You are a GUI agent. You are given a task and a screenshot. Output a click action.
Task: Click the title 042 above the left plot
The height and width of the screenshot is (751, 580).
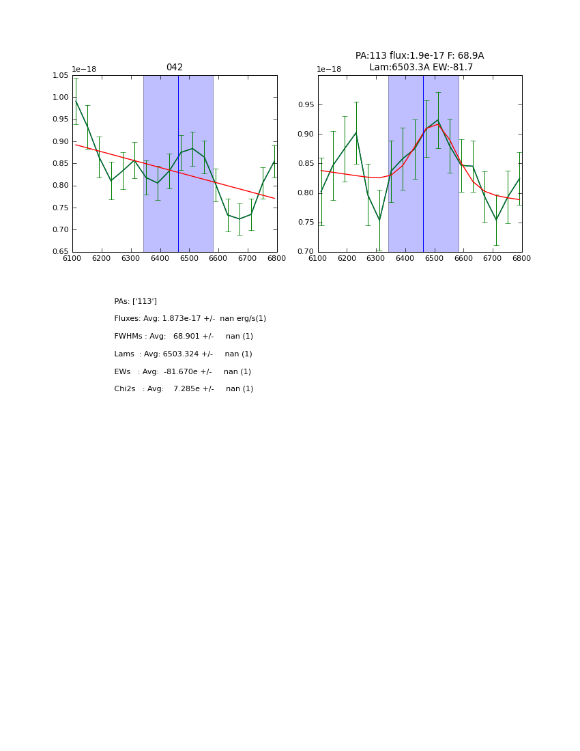[x=174, y=68]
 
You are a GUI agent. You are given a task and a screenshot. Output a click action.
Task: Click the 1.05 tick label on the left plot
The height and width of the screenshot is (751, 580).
[x=60, y=75]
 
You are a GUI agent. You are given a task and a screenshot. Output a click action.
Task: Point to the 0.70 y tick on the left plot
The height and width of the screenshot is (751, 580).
[x=60, y=229]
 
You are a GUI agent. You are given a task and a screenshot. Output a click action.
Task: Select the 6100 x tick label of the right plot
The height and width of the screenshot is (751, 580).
[x=318, y=259]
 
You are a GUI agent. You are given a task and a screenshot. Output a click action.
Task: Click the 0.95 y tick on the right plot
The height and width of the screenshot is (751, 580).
[x=305, y=104]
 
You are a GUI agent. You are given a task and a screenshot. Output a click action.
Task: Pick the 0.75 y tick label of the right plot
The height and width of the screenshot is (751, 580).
[x=305, y=223]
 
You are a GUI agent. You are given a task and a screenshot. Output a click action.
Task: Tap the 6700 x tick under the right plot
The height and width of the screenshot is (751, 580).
[x=493, y=259]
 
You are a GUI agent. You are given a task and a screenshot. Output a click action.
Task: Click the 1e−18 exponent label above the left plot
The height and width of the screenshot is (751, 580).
[x=85, y=69]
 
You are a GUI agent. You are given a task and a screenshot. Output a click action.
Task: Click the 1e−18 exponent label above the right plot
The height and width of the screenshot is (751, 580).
[x=330, y=69]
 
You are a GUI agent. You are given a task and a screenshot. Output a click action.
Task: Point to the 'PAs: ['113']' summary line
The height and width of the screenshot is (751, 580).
[x=135, y=301]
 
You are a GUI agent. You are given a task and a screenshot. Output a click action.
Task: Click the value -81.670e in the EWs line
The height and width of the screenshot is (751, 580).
[x=181, y=372]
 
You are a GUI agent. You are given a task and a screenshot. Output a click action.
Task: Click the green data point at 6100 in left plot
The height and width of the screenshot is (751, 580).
[x=75, y=101]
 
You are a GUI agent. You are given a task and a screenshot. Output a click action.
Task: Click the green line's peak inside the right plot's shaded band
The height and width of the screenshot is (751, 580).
[x=438, y=120]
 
